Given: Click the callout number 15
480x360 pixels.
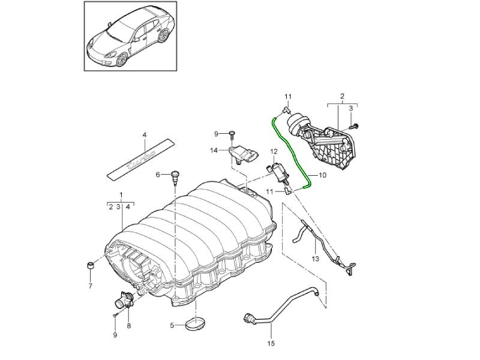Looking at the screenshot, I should [270, 344].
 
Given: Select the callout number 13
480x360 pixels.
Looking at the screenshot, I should [314, 259].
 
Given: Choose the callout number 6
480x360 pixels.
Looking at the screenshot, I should [158, 175].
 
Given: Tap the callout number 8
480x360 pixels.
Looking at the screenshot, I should [128, 325].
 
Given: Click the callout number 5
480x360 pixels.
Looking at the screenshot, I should [171, 326].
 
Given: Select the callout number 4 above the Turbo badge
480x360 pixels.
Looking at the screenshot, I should [145, 134].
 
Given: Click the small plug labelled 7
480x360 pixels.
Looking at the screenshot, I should [90, 265].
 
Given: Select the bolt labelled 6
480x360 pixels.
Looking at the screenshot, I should [175, 176].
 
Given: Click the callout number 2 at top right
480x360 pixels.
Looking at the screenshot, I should [341, 96].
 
